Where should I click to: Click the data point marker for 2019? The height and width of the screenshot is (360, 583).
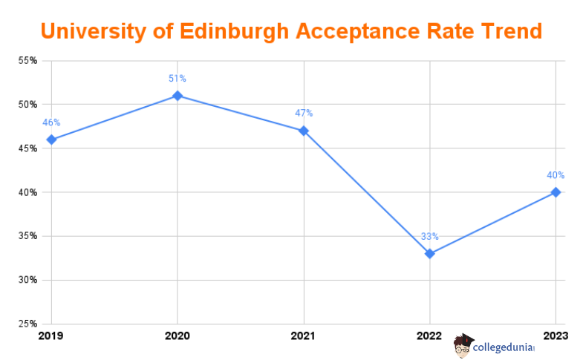click(x=51, y=140)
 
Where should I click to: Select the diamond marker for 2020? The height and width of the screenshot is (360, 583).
click(x=177, y=96)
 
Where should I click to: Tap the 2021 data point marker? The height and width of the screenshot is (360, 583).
click(x=304, y=131)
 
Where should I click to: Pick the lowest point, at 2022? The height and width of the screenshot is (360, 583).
click(x=430, y=254)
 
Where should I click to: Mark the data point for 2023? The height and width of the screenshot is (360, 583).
click(x=556, y=192)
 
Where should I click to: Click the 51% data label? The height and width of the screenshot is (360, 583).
click(x=177, y=78)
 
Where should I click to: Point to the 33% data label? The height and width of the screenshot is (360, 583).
click(x=430, y=236)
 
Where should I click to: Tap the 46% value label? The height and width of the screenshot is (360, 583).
click(x=51, y=122)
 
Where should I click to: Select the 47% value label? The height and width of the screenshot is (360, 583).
click(x=304, y=113)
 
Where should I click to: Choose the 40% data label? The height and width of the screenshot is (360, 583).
click(x=556, y=175)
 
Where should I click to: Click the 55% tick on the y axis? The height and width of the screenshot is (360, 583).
click(x=27, y=60)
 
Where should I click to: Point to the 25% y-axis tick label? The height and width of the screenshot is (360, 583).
click(x=27, y=324)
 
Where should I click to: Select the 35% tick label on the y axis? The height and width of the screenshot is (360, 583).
click(x=27, y=236)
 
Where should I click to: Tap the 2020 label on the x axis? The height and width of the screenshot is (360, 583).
click(x=177, y=336)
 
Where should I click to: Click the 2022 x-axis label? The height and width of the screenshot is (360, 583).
click(x=430, y=336)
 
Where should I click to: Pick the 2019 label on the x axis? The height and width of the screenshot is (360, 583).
click(x=51, y=336)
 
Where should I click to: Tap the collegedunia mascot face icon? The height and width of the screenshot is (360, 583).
click(x=463, y=345)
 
